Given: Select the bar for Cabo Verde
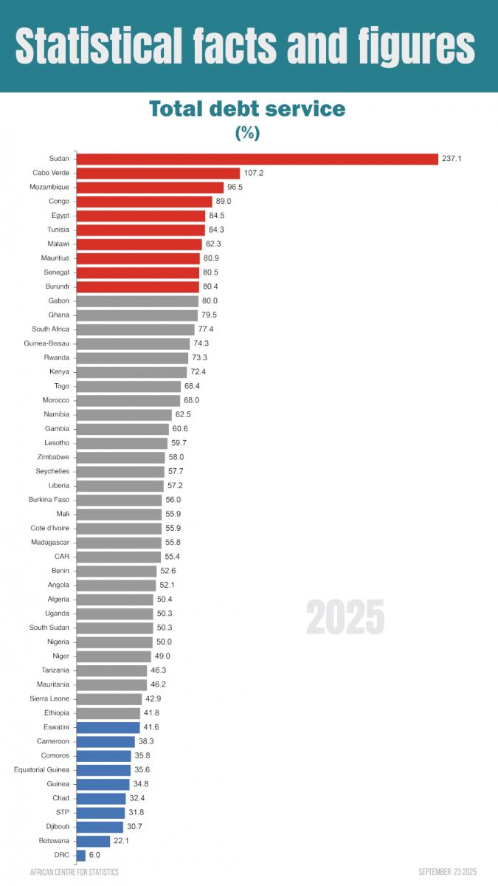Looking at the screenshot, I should (158, 173).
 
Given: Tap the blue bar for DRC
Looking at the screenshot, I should (80, 855).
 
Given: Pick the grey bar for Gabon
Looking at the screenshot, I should (137, 301).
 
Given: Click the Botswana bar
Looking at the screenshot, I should (93, 841).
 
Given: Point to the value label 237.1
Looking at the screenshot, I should (452, 159).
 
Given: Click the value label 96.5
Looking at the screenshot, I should (235, 188).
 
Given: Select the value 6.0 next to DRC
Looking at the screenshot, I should (94, 855).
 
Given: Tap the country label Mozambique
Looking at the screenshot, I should (50, 188).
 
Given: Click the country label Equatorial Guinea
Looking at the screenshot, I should (41, 770).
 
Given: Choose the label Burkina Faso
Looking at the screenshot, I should (49, 500).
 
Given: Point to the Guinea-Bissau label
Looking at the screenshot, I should (46, 343).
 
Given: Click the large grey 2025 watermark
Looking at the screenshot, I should (345, 617).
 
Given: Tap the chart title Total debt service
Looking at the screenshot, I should (247, 109).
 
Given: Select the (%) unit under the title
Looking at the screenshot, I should (247, 133).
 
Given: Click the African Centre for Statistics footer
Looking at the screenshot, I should (75, 872).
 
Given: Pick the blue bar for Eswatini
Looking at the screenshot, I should (108, 727).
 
